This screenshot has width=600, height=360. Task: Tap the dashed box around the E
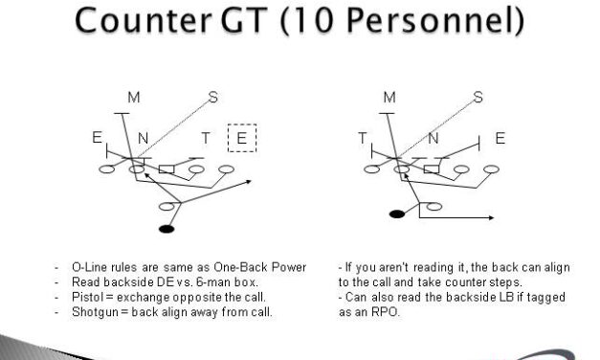241,139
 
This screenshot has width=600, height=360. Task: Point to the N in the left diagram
143,140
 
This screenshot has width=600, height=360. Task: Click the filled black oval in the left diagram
167,230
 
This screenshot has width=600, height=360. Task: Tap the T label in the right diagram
363,140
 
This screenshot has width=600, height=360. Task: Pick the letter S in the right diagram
477,97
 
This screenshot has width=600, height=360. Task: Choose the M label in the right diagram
389,97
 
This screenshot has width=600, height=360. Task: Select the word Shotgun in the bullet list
96,310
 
